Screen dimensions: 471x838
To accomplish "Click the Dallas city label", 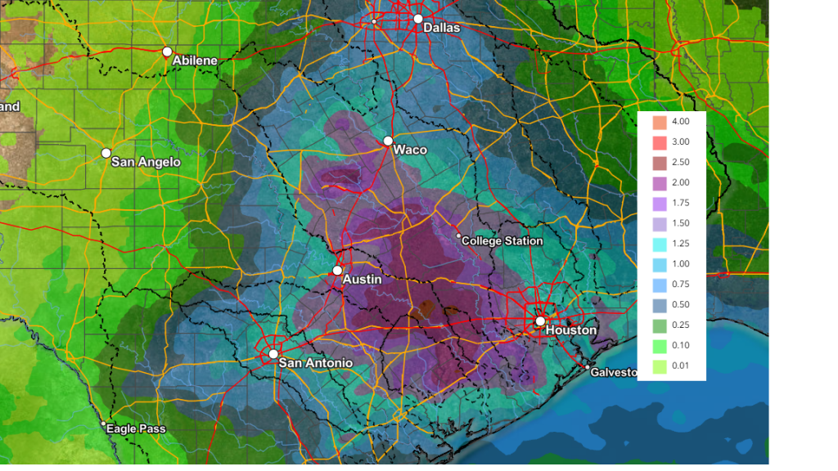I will (441, 28).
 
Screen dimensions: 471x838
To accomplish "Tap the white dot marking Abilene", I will (167, 52).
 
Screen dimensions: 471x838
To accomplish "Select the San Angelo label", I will (146, 162).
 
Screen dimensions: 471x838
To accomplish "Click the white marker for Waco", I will (388, 141).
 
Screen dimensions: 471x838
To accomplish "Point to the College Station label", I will (502, 241).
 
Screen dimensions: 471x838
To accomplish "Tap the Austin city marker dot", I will (337, 271).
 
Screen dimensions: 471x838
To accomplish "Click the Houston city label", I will (570, 330).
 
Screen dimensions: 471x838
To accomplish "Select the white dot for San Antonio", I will (273, 354).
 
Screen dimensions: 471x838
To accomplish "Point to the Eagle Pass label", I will (137, 428).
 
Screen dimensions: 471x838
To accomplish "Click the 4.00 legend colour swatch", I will (660, 122).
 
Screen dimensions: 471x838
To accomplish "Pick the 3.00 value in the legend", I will (680, 141).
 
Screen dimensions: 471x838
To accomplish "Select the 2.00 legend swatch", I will (660, 182).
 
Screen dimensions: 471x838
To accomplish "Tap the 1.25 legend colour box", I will (660, 244).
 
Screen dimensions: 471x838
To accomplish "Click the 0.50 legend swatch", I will (660, 305).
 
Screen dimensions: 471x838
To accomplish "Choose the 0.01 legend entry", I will (680, 366).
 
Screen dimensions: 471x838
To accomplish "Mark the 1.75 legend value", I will (680, 203).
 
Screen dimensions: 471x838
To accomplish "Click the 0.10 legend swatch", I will (660, 346).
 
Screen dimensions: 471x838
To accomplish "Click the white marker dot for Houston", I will (540, 321).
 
